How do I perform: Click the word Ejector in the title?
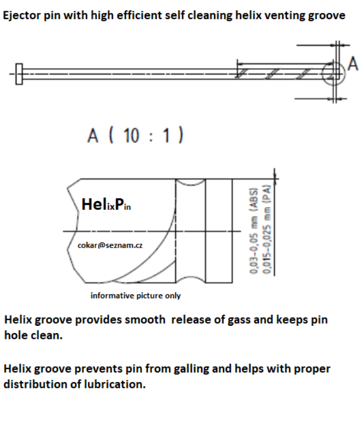21,15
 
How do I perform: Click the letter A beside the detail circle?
353,63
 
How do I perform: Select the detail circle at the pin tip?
332,73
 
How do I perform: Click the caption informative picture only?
135,295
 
